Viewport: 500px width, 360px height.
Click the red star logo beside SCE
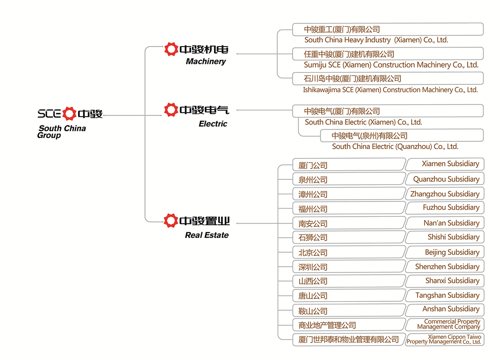tap(69, 114)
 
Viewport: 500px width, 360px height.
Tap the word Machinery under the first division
tap(206, 61)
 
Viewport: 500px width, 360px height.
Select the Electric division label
tap(213, 124)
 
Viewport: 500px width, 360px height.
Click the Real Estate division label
tap(207, 235)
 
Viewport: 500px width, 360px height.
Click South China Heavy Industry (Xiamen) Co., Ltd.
tap(376, 40)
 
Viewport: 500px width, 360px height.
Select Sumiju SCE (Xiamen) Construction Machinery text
tap(391, 65)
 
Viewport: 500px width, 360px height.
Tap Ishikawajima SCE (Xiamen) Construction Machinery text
tap(390, 90)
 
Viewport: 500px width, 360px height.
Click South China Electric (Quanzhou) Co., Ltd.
tap(395, 147)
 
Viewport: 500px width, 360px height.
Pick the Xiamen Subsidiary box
tap(445, 164)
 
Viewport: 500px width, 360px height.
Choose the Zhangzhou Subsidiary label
tap(445, 194)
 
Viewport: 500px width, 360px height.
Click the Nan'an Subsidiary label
tap(452, 223)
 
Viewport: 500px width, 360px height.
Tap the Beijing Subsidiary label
tap(452, 252)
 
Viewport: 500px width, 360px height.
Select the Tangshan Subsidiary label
tap(447, 295)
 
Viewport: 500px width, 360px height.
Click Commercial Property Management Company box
tap(445, 324)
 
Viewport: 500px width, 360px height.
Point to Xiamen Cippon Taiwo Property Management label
tap(444, 339)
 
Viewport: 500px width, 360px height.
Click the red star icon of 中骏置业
tap(171, 221)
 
